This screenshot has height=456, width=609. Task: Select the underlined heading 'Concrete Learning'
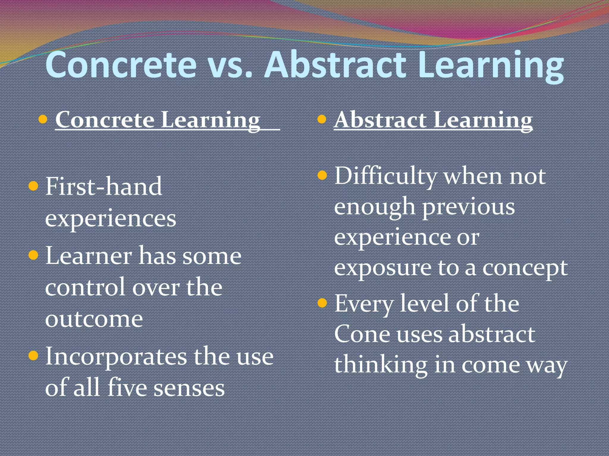coord(158,120)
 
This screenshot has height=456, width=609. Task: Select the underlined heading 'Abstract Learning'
coord(433,120)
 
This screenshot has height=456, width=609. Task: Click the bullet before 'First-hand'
coord(33,186)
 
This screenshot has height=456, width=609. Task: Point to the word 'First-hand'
coord(103,186)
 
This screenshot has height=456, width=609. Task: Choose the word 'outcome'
coord(94,319)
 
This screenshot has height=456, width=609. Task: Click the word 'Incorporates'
coord(116,356)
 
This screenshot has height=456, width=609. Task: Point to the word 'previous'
coord(469,207)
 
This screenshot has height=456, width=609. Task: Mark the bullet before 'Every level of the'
coord(322,303)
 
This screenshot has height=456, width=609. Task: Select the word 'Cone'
coord(362,334)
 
